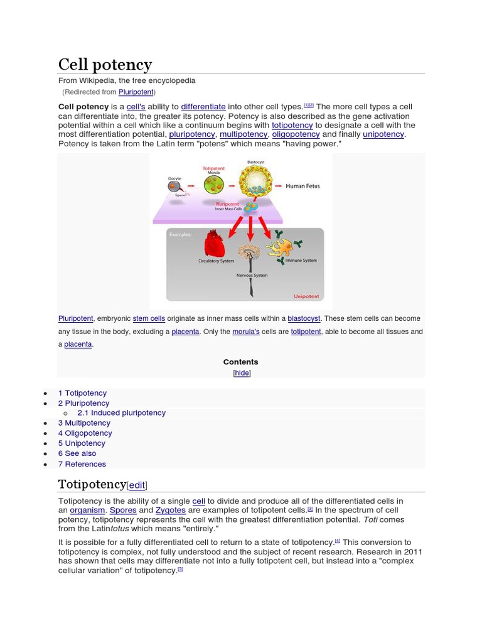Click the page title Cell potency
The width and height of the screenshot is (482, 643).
(x=105, y=65)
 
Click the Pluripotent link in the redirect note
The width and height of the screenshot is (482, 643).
(x=136, y=92)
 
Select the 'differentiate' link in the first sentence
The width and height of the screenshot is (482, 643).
(x=203, y=107)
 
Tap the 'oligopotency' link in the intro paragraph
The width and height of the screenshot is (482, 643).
(x=296, y=134)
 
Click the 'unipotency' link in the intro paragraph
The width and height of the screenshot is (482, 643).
(x=383, y=134)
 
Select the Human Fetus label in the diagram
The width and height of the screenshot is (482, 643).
(x=303, y=186)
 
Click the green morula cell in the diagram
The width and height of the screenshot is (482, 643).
(x=214, y=185)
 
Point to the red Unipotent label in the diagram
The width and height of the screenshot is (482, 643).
(x=306, y=296)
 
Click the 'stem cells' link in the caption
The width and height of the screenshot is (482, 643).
(x=149, y=319)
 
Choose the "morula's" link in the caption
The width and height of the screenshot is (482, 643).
(x=245, y=332)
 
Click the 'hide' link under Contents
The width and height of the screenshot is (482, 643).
(x=242, y=373)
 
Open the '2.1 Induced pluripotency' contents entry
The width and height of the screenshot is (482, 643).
(x=121, y=413)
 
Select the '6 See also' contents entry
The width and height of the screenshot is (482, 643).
(x=77, y=453)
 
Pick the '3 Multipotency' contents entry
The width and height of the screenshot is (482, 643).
(x=84, y=423)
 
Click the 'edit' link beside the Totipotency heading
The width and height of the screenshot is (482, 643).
(x=137, y=485)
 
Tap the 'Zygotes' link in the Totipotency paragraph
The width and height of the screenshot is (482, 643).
(x=171, y=511)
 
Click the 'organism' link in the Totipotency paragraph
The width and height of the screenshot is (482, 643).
(x=87, y=511)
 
